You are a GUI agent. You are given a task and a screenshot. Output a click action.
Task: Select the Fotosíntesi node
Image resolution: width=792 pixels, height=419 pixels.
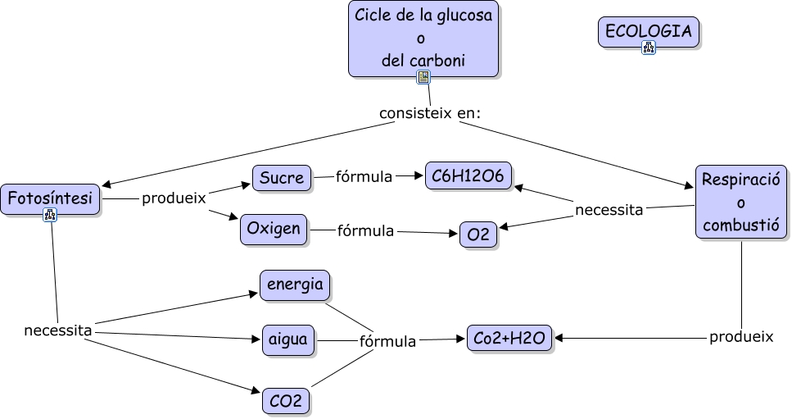[50, 199]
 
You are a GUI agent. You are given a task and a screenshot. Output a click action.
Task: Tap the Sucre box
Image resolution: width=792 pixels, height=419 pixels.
[282, 177]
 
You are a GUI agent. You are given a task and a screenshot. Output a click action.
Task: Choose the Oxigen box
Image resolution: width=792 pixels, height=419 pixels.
[274, 230]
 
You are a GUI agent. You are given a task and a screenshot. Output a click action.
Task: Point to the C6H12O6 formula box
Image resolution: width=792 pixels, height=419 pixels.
[468, 175]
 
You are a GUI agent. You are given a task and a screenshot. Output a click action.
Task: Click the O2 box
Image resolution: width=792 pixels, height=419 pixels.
[478, 235]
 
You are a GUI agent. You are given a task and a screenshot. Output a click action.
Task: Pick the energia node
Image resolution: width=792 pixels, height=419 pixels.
[295, 285]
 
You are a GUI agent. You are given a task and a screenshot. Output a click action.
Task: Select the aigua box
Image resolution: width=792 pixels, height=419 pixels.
[288, 339]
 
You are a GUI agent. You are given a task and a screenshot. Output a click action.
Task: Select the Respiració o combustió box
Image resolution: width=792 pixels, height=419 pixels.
[740, 202]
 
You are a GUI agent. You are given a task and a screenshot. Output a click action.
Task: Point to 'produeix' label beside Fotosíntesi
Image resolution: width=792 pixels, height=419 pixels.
[174, 198]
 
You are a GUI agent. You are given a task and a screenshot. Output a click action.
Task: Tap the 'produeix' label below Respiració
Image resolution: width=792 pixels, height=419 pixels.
[741, 337]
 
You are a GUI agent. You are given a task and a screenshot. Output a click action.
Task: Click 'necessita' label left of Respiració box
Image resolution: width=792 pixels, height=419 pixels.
[609, 210]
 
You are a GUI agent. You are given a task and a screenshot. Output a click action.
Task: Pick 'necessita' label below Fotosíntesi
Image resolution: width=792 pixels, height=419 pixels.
[57, 330]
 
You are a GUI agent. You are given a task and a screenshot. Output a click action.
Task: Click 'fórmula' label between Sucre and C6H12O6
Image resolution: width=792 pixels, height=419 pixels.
[364, 176]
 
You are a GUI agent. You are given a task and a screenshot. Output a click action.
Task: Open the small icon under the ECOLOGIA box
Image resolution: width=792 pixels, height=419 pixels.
[649, 48]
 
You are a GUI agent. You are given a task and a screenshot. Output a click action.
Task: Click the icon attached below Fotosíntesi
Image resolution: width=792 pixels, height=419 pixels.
[50, 216]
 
